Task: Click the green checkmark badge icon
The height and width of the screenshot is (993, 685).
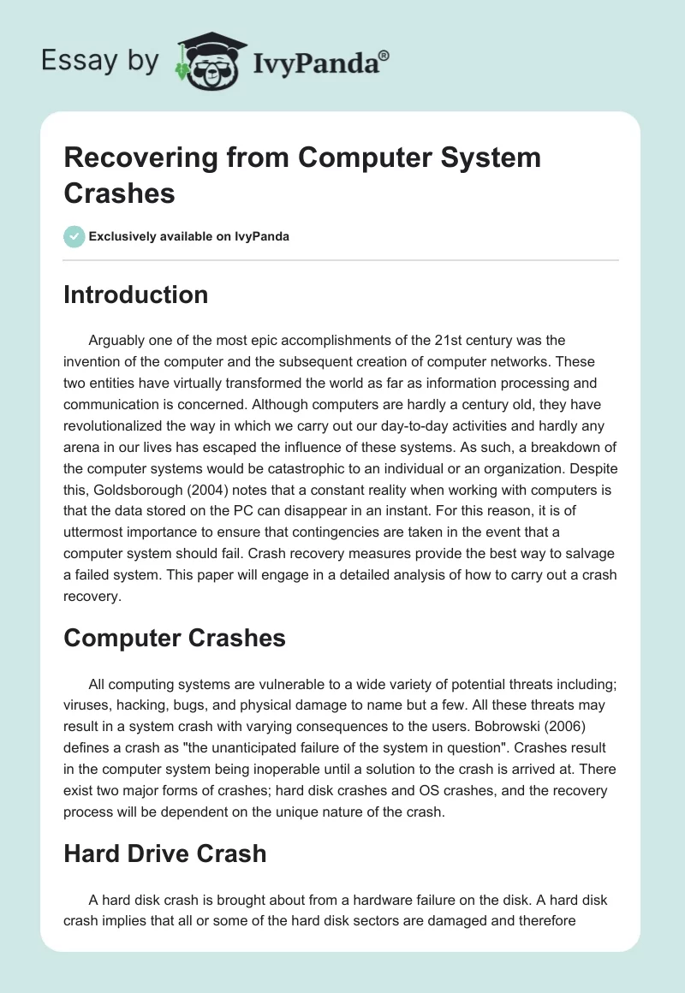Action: point(74,236)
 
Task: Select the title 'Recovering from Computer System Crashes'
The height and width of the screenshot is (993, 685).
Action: point(302,175)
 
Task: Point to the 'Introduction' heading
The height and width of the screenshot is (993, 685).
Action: point(135,294)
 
